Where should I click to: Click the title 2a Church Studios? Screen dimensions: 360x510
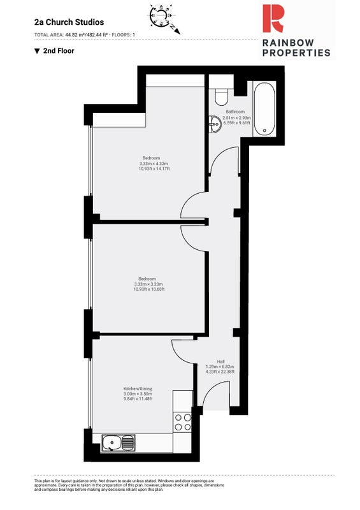point(69,22)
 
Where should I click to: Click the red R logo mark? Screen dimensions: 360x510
point(273,18)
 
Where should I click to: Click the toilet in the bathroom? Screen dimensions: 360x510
point(222,97)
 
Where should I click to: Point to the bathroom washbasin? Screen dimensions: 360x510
point(215,124)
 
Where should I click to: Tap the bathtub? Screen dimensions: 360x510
point(264,108)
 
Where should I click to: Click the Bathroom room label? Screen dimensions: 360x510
point(235,112)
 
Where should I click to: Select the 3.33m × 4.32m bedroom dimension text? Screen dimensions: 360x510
point(153,164)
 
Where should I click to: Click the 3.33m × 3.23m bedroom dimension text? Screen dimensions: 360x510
point(148,284)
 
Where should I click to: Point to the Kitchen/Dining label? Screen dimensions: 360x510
point(138,389)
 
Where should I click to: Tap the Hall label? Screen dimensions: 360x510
point(221,361)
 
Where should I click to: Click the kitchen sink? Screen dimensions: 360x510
point(118,443)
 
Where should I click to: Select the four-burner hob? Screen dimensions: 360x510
point(182,422)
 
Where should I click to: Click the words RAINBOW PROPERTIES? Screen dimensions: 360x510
point(296,48)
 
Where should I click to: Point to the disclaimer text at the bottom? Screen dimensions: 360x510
point(129,485)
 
